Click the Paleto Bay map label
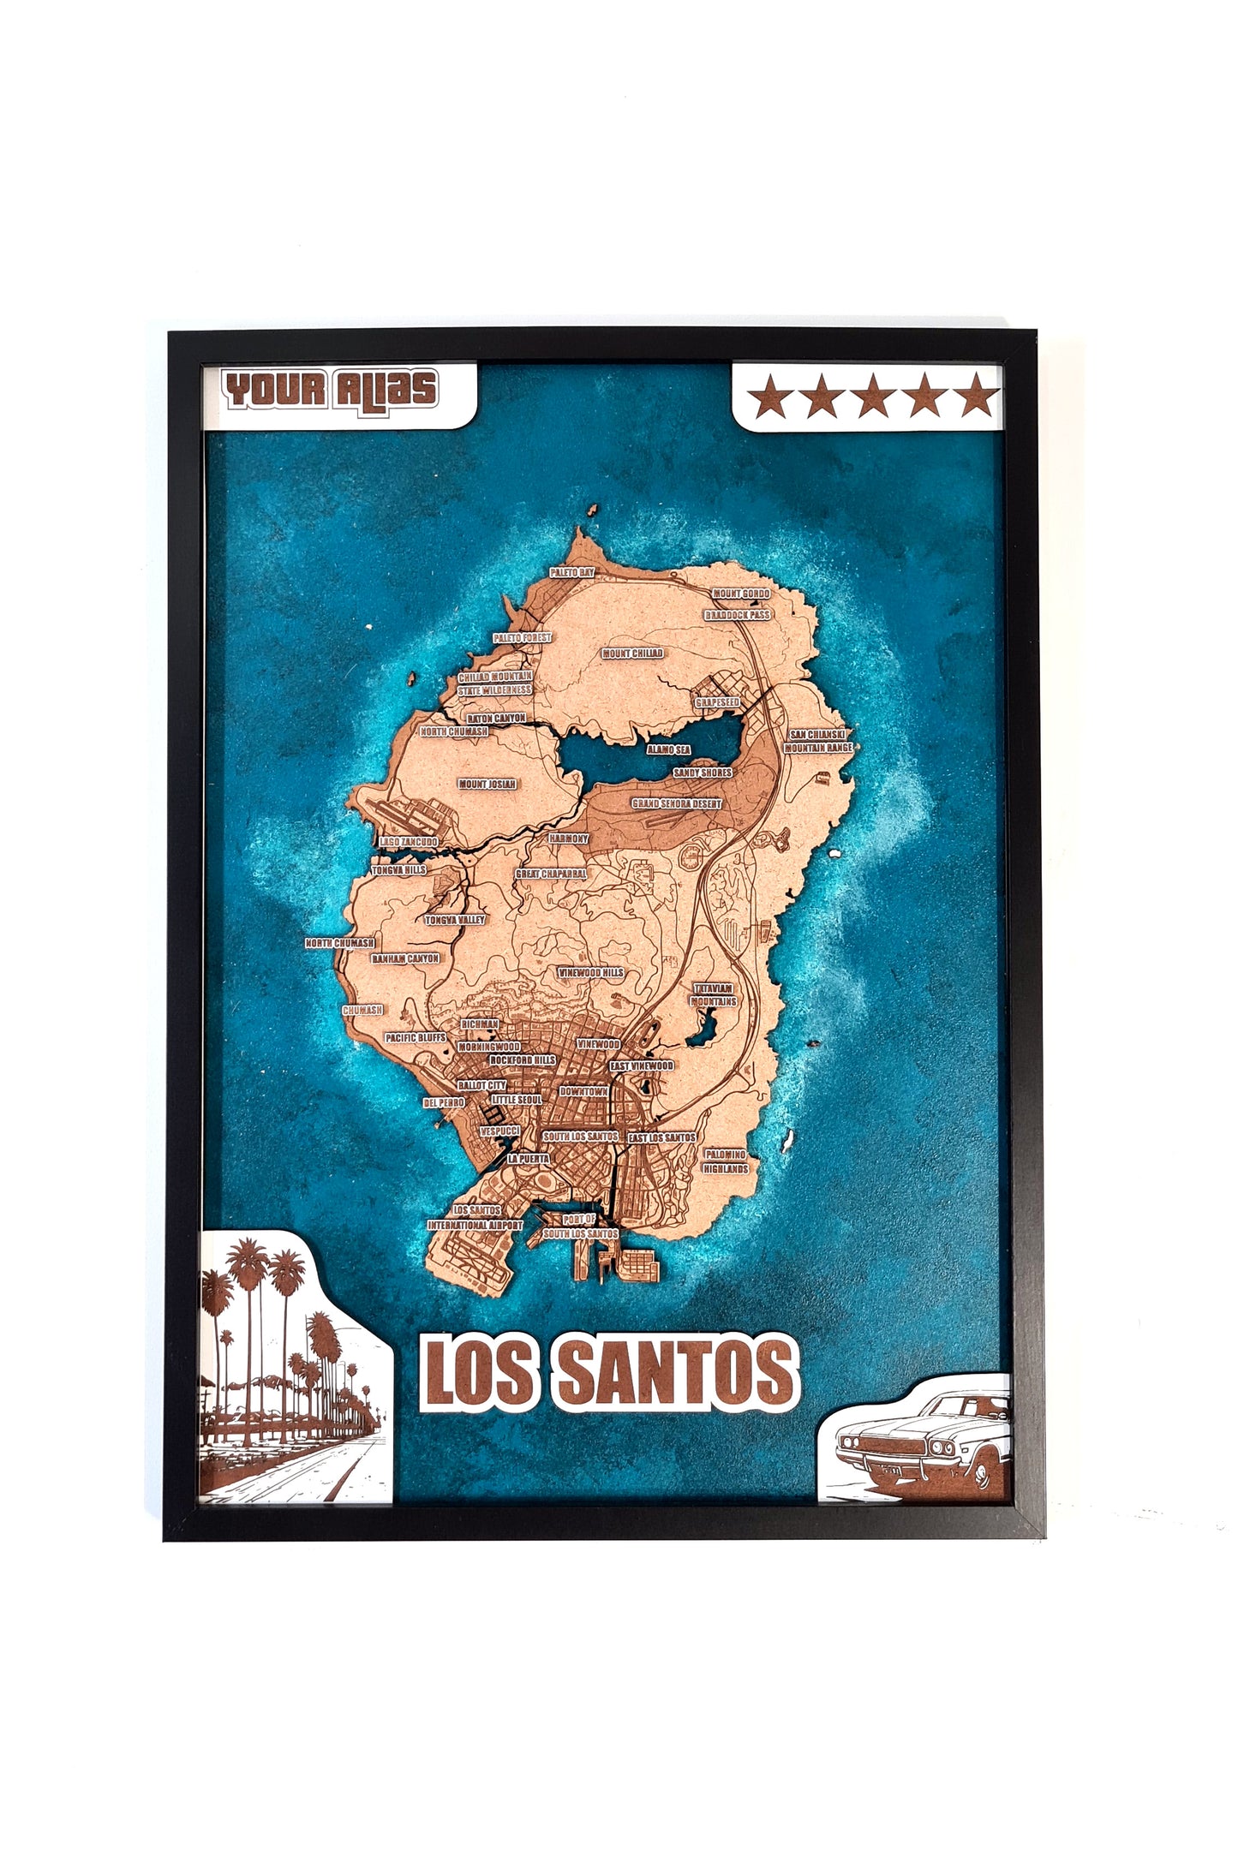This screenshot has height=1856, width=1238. (572, 571)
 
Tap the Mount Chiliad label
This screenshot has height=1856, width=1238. (632, 653)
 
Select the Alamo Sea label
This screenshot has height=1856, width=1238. (668, 749)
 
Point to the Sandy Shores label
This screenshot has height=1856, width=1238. (703, 773)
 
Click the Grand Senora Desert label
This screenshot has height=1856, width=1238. (677, 804)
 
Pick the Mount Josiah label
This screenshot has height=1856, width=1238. (487, 784)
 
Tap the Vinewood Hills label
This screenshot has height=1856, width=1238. (591, 973)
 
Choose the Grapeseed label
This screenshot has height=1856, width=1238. (717, 702)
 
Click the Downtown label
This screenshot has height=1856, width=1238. (583, 1092)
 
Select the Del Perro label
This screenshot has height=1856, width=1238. (444, 1103)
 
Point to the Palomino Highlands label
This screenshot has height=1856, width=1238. (726, 1161)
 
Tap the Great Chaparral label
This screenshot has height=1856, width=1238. (551, 874)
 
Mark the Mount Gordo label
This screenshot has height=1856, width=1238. (741, 594)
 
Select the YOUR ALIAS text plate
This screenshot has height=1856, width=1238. (331, 390)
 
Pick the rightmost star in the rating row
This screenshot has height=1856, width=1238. (977, 396)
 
